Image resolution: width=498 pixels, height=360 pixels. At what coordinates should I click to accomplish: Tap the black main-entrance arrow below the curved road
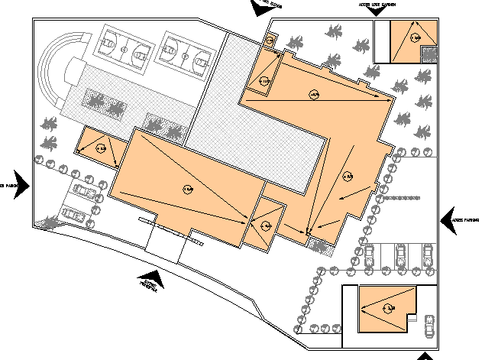[154, 281]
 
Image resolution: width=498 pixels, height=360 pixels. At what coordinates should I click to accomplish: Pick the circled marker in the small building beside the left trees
[99, 148]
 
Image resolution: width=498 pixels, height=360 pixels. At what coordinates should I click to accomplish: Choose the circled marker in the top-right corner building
[415, 37]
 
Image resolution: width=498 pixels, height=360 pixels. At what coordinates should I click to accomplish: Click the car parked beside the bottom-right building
[428, 326]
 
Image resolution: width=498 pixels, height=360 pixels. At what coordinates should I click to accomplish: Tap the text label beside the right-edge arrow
[466, 219]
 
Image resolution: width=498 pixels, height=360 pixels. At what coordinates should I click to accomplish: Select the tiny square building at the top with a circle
[270, 41]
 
